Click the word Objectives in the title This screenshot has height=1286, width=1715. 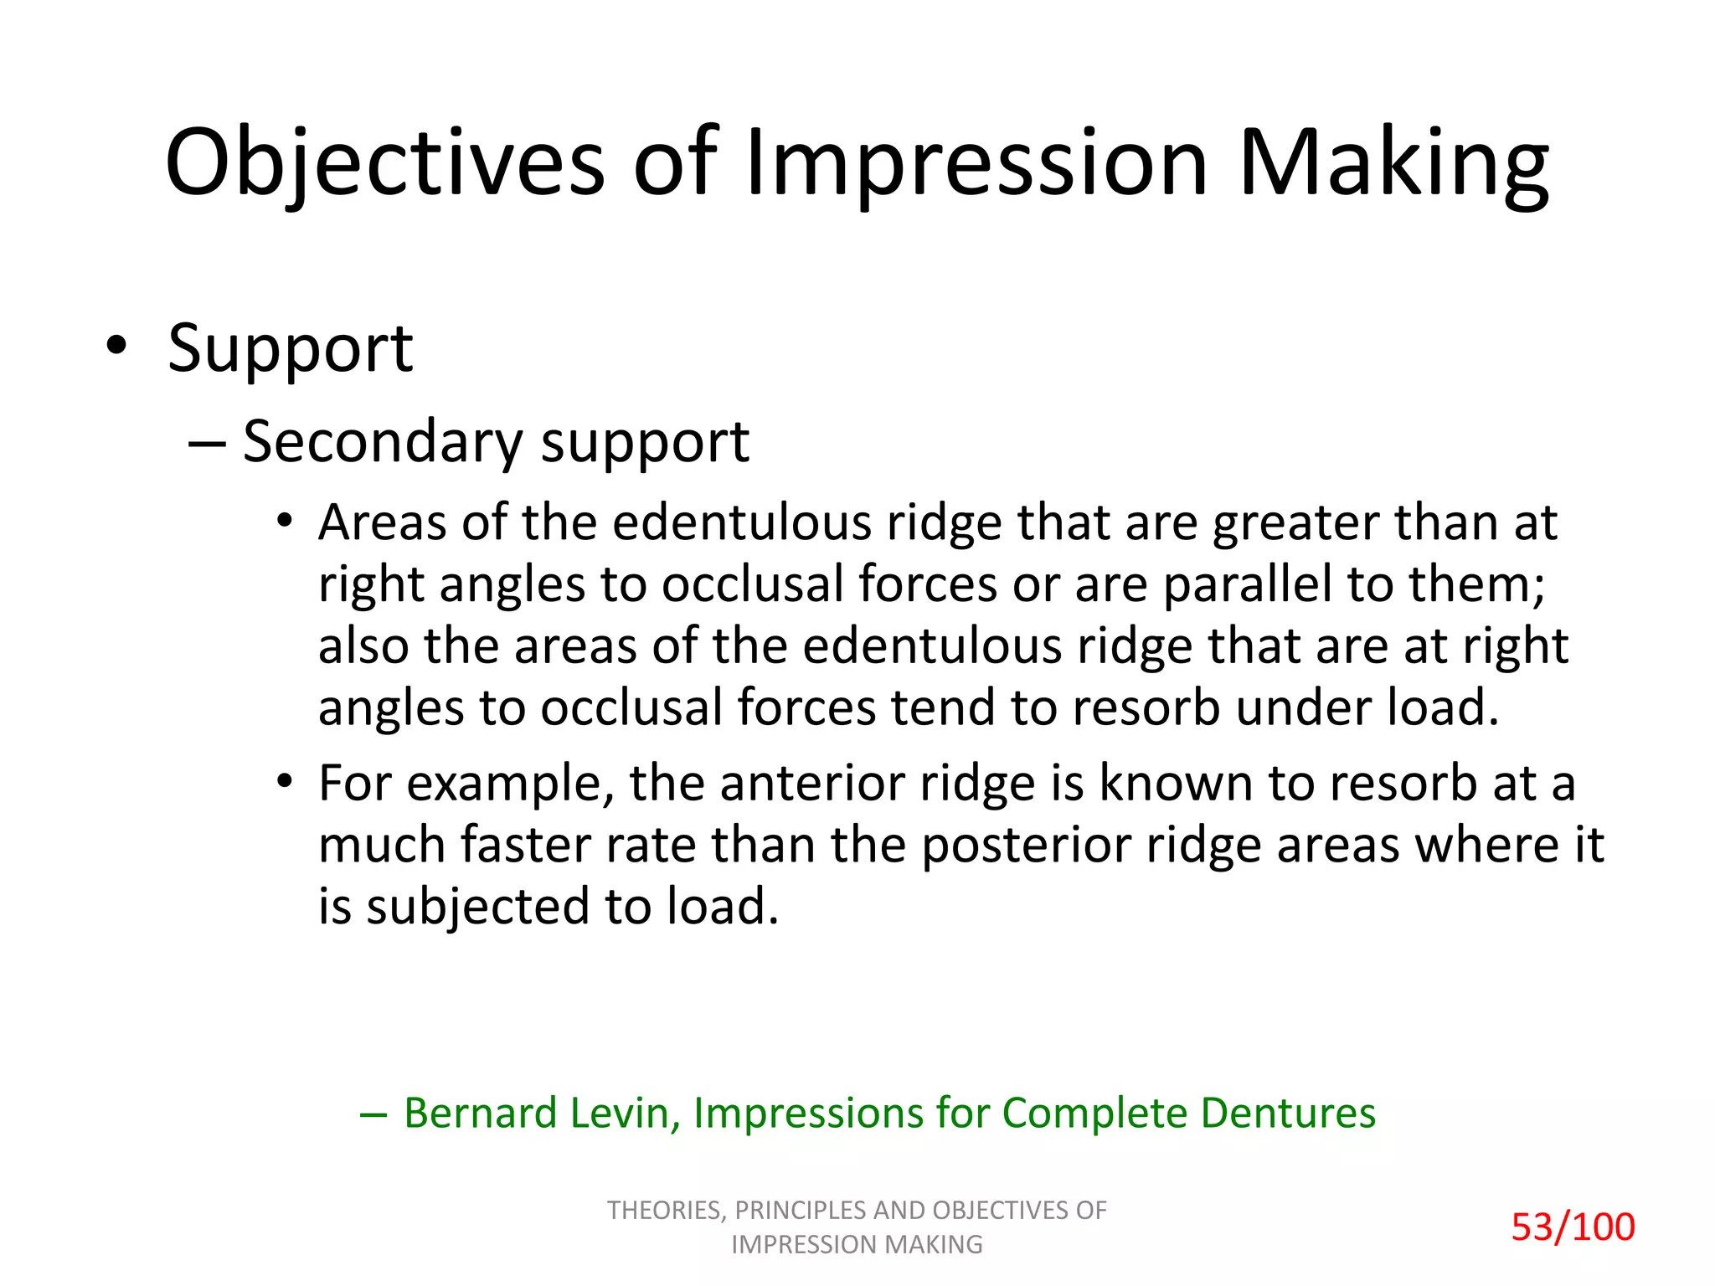(384, 163)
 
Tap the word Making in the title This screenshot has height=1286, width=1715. (1393, 163)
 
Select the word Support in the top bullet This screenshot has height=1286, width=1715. (290, 348)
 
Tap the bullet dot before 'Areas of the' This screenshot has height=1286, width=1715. (286, 520)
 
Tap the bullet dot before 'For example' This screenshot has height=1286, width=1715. (286, 781)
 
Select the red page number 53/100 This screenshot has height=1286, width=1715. (1573, 1227)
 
